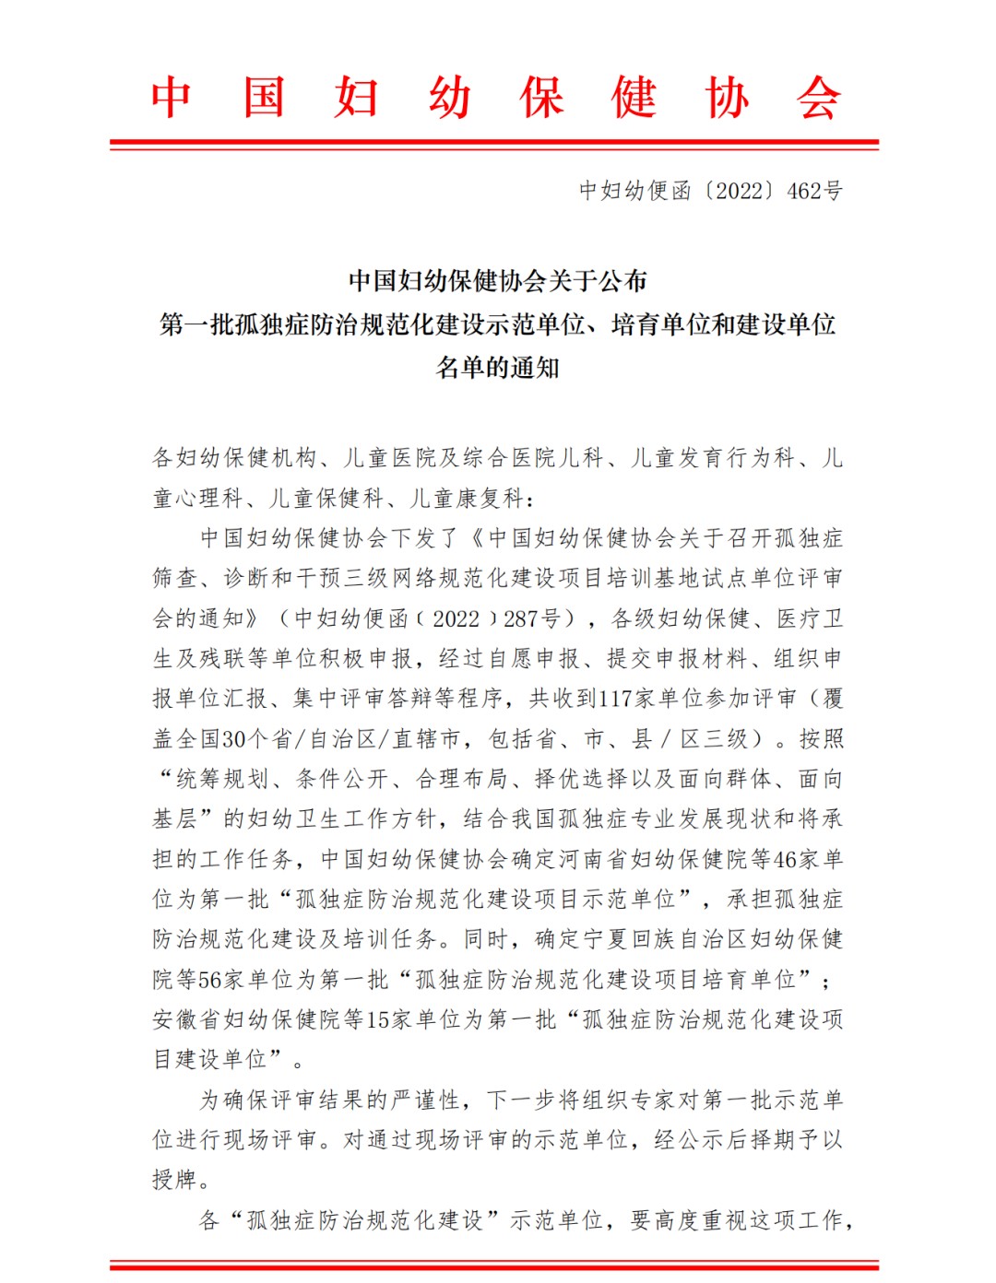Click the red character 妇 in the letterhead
[357, 97]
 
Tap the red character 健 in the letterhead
[634, 97]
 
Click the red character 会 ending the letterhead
[819, 97]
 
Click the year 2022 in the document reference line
[739, 191]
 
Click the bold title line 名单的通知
[497, 368]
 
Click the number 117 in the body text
[615, 699]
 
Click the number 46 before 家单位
[785, 859]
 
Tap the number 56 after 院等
[210, 979]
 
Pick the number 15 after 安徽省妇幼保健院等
[379, 1019]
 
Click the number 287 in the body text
[519, 618]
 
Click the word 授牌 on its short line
[175, 1180]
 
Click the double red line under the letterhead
[494, 144]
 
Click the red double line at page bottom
[494, 1265]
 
